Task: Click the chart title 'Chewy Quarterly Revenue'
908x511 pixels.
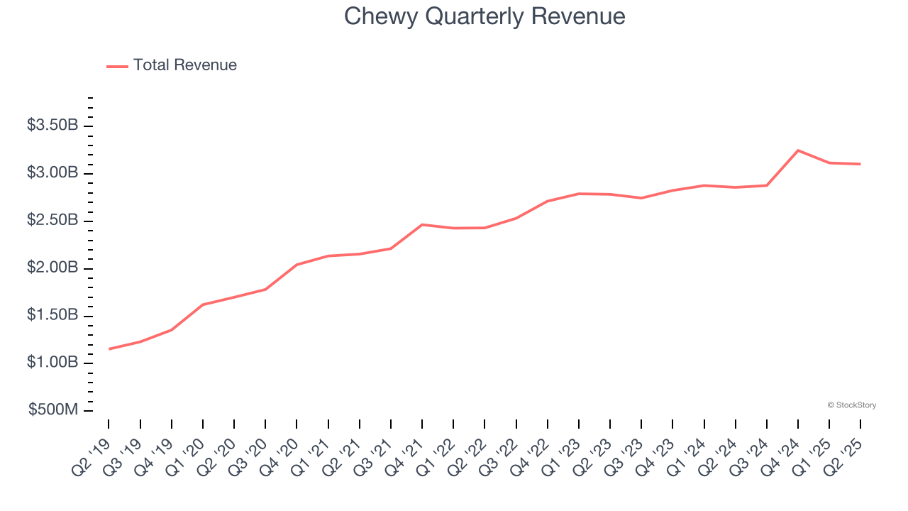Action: pyautogui.click(x=485, y=16)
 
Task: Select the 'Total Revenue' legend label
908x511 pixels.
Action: pyautogui.click(x=184, y=65)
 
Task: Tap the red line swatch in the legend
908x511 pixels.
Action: pyautogui.click(x=117, y=66)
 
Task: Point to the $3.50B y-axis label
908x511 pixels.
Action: pyautogui.click(x=52, y=126)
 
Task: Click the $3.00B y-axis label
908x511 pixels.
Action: pyautogui.click(x=52, y=173)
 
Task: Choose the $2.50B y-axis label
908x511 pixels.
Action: pyautogui.click(x=52, y=221)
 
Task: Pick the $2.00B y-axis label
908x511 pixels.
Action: pyautogui.click(x=52, y=268)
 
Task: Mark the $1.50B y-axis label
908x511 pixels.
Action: pyautogui.click(x=52, y=315)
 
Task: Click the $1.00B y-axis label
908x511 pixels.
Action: pyautogui.click(x=52, y=363)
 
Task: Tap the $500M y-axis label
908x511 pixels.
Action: pyautogui.click(x=55, y=410)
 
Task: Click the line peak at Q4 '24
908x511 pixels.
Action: pyautogui.click(x=798, y=150)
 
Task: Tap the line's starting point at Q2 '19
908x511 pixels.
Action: pyautogui.click(x=109, y=349)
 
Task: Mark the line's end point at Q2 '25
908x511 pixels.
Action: pyautogui.click(x=860, y=164)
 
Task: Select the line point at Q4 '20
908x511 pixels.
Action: pyautogui.click(x=297, y=265)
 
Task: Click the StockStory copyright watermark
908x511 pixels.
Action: pyautogui.click(x=851, y=405)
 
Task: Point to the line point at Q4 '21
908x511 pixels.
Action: pyautogui.click(x=422, y=224)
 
